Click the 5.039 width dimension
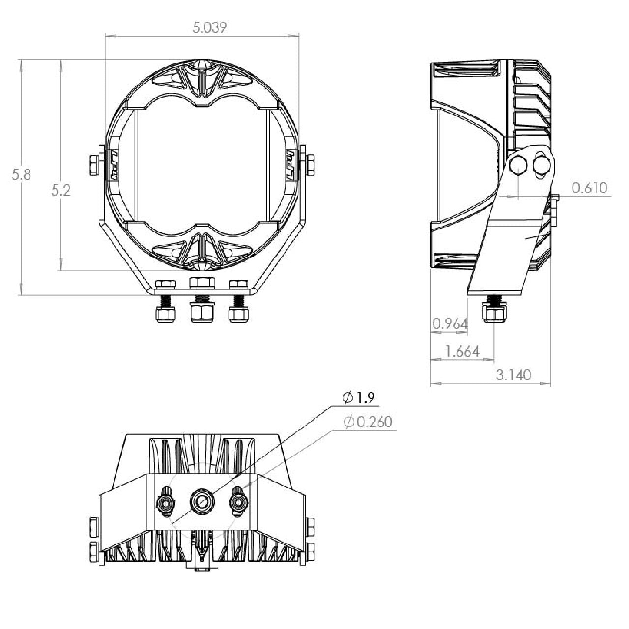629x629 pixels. point(209,28)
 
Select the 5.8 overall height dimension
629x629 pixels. point(22,174)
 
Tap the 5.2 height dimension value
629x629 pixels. point(61,190)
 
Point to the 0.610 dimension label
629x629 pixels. point(589,188)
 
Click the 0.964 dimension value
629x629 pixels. point(450,324)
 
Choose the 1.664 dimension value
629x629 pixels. point(461,351)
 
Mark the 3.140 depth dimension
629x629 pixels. point(514,375)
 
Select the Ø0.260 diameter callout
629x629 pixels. point(368,422)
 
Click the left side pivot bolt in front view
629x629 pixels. point(94,165)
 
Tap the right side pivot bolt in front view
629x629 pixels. point(310,165)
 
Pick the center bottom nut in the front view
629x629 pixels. point(202,313)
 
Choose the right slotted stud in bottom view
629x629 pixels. point(239,502)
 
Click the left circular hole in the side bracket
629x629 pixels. point(518,166)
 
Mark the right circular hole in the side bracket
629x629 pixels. point(542,165)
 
